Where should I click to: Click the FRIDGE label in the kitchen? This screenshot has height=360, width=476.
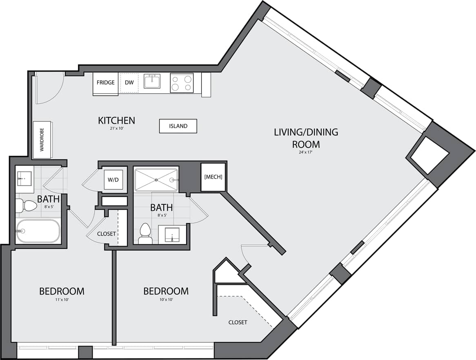tap(105, 83)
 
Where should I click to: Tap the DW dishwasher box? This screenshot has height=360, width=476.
tap(129, 83)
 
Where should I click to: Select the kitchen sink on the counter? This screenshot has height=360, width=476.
tap(151, 81)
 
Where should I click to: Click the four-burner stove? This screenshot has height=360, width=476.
tap(182, 83)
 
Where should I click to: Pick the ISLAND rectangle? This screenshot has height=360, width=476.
tap(178, 126)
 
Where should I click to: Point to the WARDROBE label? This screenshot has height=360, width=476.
tap(42, 140)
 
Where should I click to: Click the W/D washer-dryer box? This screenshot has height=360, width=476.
tap(113, 179)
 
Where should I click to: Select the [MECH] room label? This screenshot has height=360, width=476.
tap(213, 177)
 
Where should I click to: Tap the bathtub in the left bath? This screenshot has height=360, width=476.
tap(38, 231)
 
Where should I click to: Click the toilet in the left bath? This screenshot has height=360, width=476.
tap(26, 206)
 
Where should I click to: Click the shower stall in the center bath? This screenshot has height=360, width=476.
tap(156, 179)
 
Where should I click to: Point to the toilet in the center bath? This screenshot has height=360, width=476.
tap(145, 233)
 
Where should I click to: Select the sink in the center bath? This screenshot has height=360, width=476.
tap(172, 234)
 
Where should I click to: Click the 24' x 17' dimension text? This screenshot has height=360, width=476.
tap(306, 152)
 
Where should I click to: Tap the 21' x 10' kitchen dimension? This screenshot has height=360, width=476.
tap(116, 128)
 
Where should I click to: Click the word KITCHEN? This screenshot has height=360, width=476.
tap(116, 121)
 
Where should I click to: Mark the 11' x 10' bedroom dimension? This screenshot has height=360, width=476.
tap(62, 300)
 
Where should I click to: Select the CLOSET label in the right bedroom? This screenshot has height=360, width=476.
tap(238, 322)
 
